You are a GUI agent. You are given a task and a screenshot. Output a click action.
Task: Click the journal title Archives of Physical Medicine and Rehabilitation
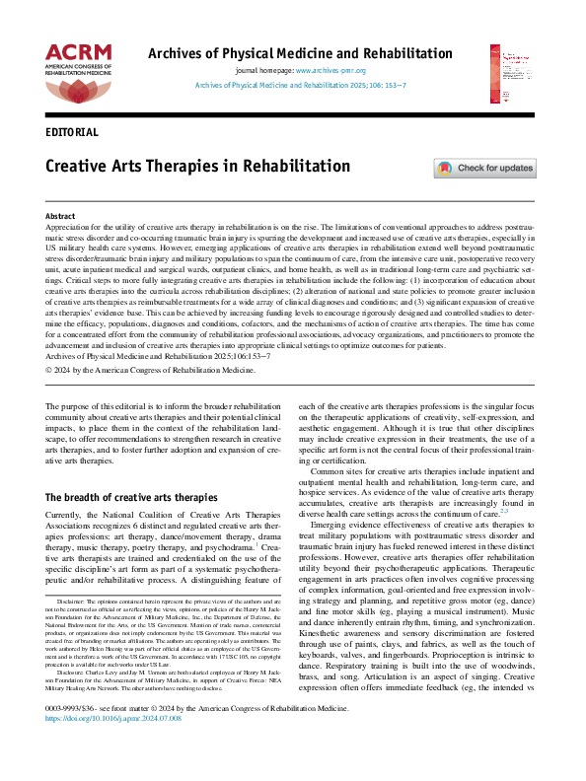(x=292, y=53)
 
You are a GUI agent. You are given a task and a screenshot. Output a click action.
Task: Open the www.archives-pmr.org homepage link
(x=330, y=71)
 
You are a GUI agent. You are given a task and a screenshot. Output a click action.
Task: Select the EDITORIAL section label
(x=72, y=131)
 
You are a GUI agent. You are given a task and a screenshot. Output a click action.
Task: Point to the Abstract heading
(x=61, y=215)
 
